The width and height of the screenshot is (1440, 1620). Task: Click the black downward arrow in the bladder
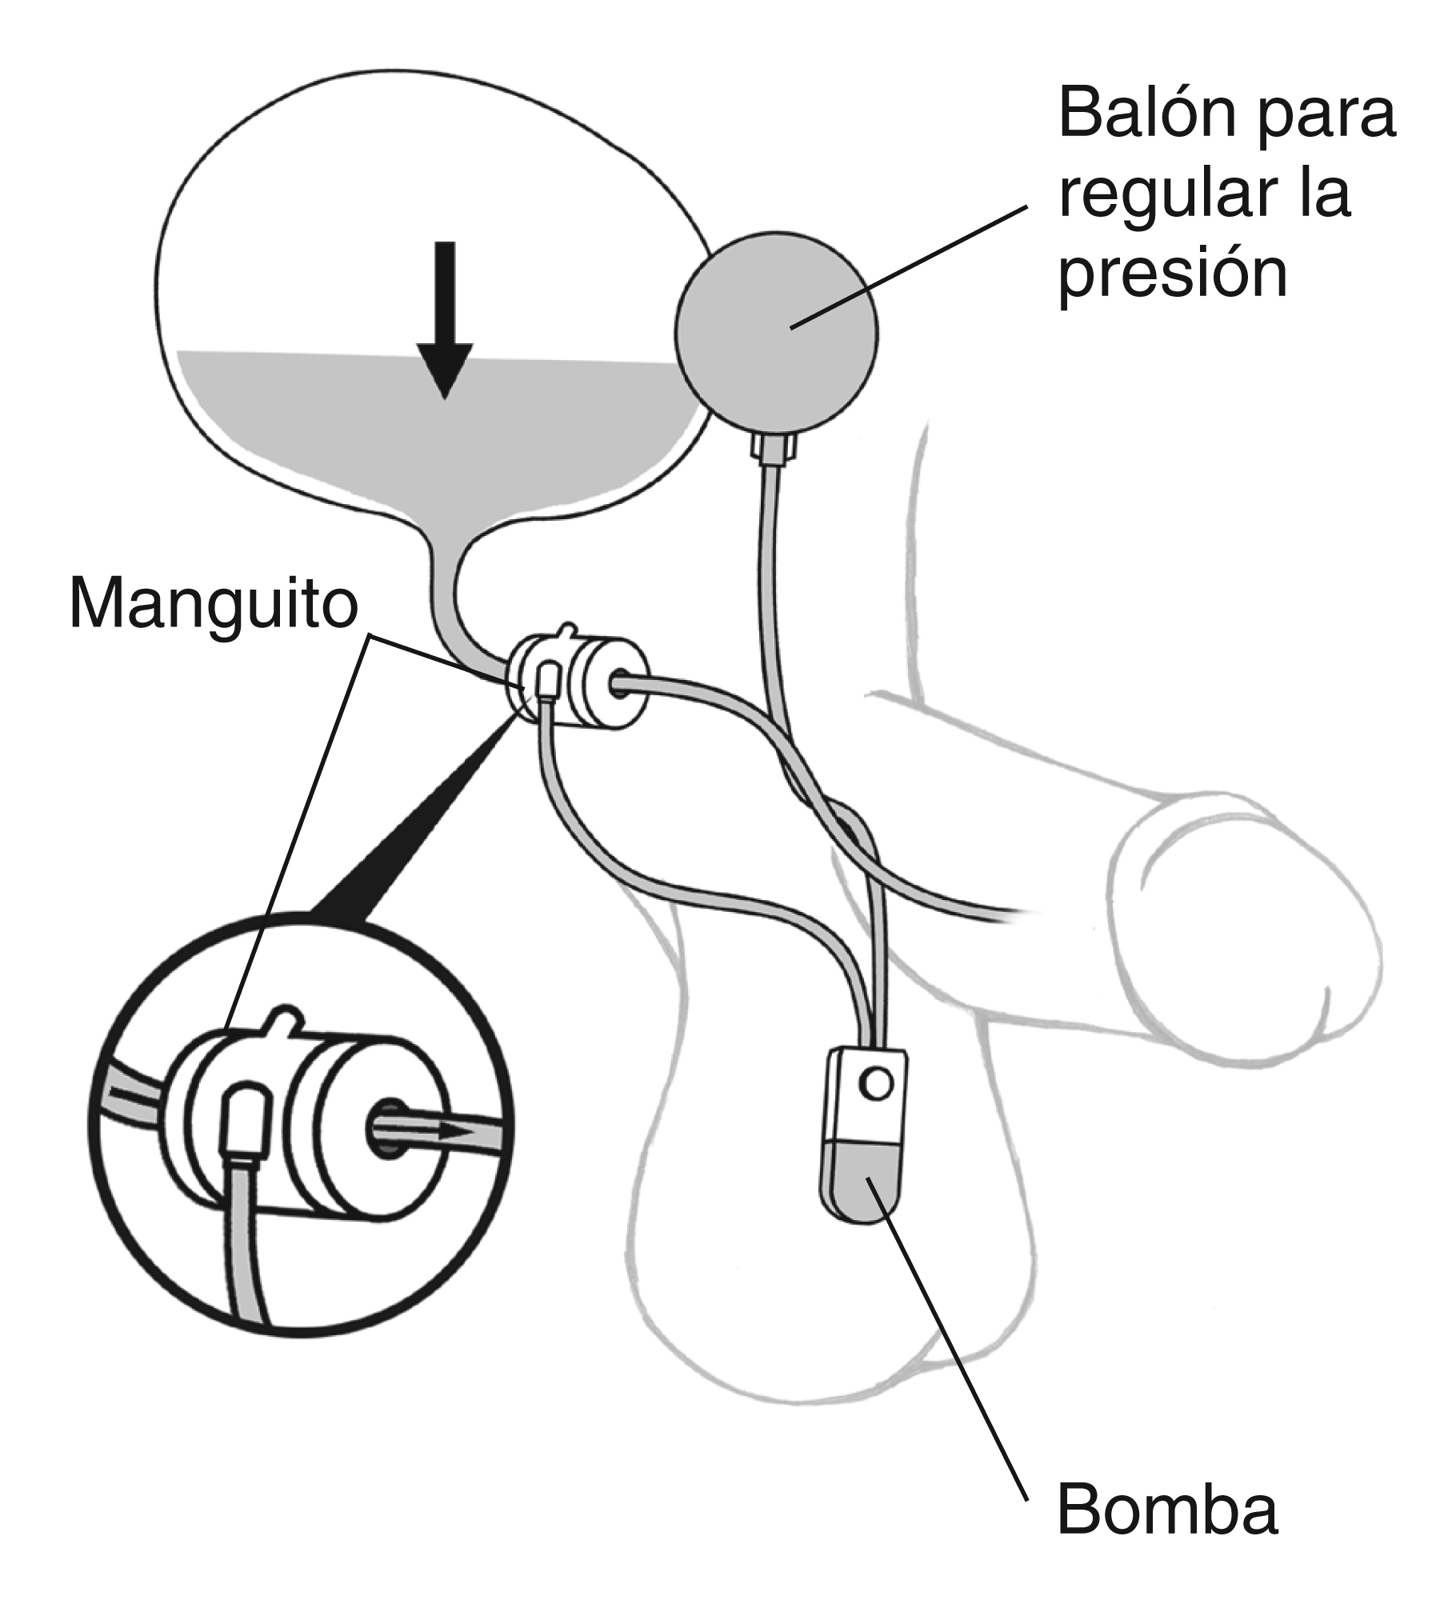tap(445, 320)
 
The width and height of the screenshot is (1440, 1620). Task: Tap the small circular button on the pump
tap(874, 1085)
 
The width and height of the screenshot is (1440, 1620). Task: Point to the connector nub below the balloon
tap(774, 447)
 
